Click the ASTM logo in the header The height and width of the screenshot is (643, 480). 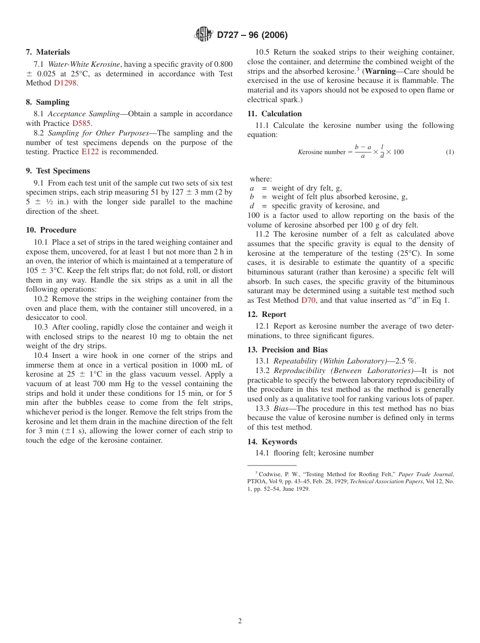coord(203,34)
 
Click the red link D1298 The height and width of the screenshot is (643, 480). coord(65,83)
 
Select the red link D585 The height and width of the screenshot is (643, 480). coord(81,123)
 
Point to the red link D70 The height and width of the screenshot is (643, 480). coord(308,300)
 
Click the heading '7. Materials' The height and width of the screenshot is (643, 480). coord(48,52)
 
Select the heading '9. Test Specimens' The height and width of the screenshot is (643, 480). coord(58,171)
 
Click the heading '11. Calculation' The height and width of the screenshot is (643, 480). coord(274,114)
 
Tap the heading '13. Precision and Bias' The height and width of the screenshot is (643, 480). coord(287,350)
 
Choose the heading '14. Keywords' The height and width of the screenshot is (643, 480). coord(272,442)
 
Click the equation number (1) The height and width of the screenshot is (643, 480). coord(449,152)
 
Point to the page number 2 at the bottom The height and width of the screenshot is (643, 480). coord(240,621)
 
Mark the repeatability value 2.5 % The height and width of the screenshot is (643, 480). coord(405,361)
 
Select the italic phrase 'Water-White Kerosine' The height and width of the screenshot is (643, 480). coord(84,64)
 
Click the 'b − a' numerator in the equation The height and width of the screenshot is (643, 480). coord(363,147)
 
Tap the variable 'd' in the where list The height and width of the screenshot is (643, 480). coord(252,206)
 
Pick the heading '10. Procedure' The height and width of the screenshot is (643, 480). coord(51,230)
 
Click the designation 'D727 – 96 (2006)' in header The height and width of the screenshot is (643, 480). coord(252,35)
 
